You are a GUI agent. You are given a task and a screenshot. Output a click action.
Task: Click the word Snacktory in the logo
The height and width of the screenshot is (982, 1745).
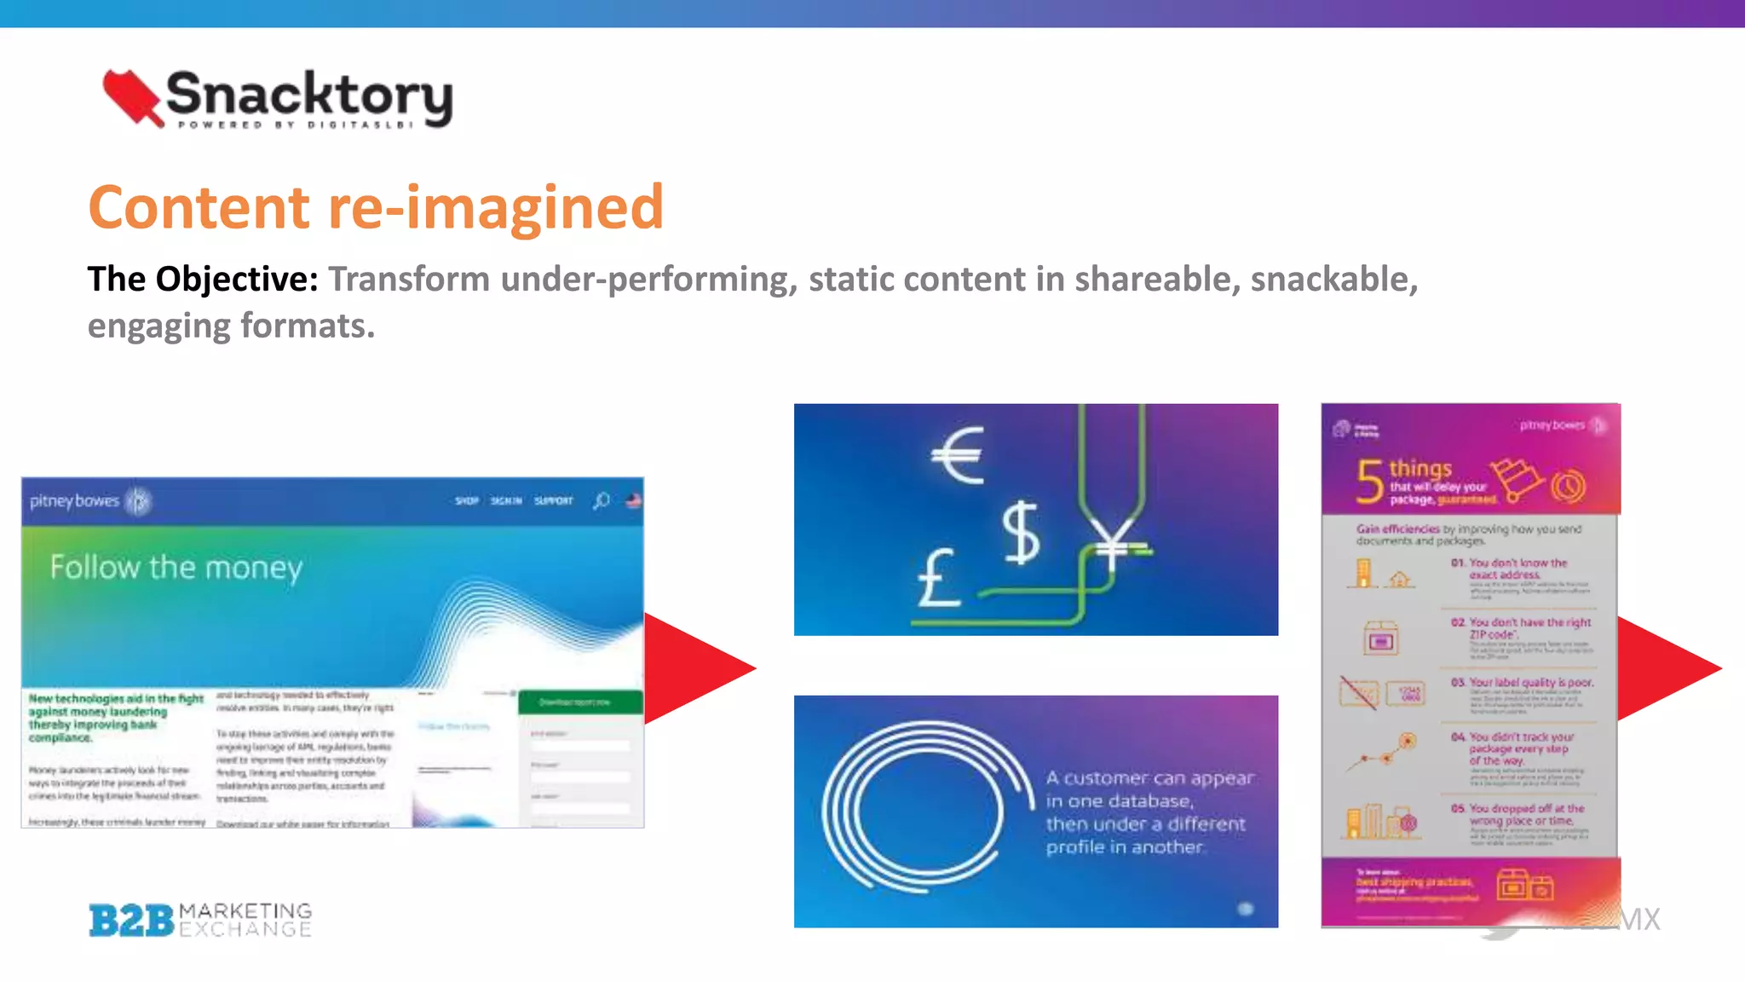pyautogui.click(x=308, y=94)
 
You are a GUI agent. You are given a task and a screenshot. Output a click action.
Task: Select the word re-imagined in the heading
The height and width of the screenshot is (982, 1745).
pyautogui.click(x=495, y=209)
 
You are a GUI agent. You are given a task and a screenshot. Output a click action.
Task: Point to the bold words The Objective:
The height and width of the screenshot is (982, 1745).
pyautogui.click(x=203, y=279)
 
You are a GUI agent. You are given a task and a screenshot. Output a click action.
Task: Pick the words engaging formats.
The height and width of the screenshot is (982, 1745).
pyautogui.click(x=231, y=326)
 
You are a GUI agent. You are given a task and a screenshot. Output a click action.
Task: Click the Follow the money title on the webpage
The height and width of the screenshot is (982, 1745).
pyautogui.click(x=176, y=568)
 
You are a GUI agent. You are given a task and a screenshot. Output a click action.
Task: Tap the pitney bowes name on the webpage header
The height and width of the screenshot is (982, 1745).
pyautogui.click(x=74, y=500)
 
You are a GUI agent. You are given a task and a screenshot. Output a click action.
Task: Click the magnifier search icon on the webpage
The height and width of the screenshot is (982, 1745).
pyautogui.click(x=602, y=500)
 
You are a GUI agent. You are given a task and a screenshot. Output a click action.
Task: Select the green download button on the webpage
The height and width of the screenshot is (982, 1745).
pyautogui.click(x=580, y=702)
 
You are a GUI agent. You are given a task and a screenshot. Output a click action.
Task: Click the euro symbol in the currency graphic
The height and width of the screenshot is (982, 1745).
pyautogui.click(x=958, y=455)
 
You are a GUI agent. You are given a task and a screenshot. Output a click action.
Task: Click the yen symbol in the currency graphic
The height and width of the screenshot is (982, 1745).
pyautogui.click(x=1111, y=546)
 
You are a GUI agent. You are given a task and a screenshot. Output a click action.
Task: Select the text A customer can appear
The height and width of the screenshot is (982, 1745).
pyautogui.click(x=1149, y=778)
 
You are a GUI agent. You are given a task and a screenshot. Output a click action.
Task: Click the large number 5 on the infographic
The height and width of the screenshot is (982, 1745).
pyautogui.click(x=1369, y=481)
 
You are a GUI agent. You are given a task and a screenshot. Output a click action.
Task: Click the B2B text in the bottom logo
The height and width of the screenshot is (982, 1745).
pyautogui.click(x=131, y=921)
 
